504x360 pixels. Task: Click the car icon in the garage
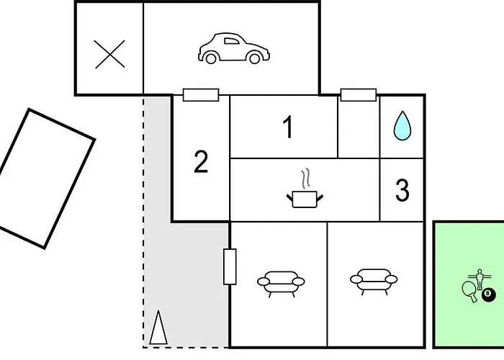click(234, 48)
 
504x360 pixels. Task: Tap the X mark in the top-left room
click(110, 54)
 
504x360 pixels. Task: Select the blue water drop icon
click(402, 126)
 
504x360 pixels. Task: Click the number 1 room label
click(288, 127)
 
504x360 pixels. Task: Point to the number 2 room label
click(201, 162)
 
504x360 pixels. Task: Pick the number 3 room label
click(402, 190)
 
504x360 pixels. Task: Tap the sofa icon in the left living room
click(281, 284)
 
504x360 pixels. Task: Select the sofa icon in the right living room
click(374, 282)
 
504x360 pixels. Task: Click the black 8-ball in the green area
click(488, 295)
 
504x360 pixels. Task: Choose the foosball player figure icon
click(480, 279)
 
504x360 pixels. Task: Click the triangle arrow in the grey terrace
click(158, 327)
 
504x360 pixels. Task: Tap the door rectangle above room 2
click(201, 95)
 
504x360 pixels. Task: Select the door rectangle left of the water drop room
click(359, 95)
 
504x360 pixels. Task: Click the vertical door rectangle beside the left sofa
click(230, 266)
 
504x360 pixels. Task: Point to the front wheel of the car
click(255, 58)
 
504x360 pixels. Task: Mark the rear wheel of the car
click(211, 58)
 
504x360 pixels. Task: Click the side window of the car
click(231, 41)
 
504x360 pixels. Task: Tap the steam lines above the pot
click(305, 178)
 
